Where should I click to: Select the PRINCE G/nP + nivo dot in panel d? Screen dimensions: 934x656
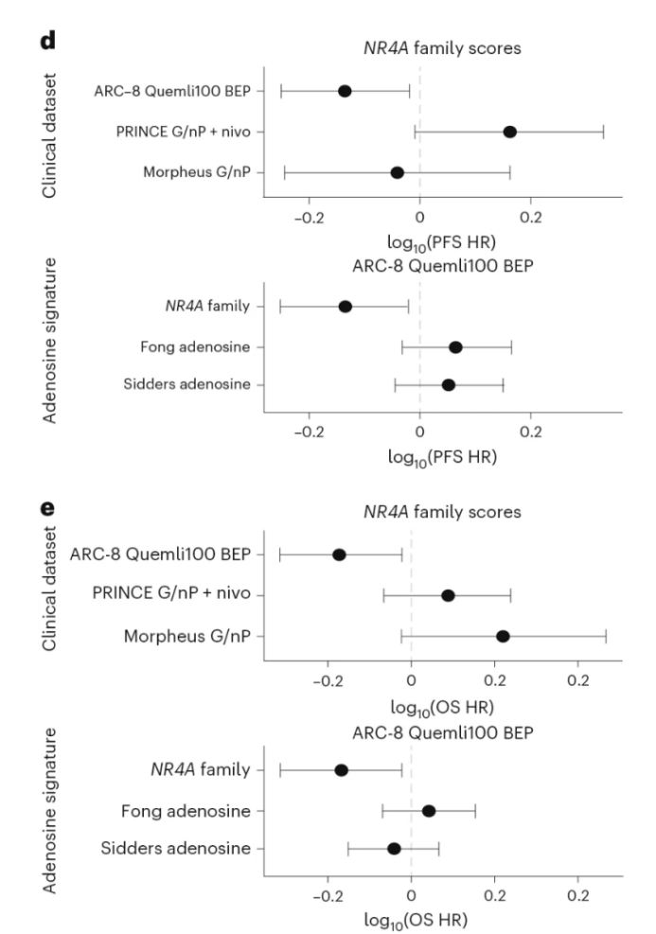coord(509,132)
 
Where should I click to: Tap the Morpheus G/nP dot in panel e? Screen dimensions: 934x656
coord(503,636)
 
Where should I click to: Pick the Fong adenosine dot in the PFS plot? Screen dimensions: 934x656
coord(455,347)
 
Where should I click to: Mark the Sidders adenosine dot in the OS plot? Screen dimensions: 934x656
coord(394,849)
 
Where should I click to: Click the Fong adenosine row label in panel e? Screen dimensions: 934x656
coord(186,810)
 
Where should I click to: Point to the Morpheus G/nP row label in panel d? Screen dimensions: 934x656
coord(197,172)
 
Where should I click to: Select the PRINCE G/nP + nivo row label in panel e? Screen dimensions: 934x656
coord(178,595)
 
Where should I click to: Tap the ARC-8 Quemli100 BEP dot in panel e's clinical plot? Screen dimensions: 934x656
coord(339,555)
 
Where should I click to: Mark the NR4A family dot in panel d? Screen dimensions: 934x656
coord(346,307)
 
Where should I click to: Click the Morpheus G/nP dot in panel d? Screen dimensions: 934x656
coord(398,172)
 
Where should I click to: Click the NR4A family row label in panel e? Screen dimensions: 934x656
coord(202,770)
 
